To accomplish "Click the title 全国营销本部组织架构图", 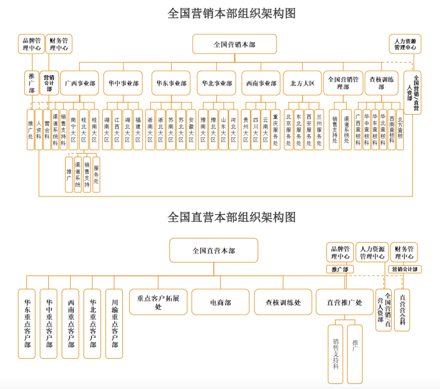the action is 231,13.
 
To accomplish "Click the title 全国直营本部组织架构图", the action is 231,217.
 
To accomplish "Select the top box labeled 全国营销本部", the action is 235,44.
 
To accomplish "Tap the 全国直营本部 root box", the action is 213,250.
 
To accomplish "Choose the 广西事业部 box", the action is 80,83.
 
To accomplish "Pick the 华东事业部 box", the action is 171,83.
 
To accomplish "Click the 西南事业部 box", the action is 261,83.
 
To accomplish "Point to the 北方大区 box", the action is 302,83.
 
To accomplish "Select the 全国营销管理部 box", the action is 343,83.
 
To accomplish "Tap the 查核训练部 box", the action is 381,83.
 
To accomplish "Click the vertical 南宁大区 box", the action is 73,130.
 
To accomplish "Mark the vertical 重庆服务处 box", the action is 275,130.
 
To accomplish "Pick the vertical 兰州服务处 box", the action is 319,130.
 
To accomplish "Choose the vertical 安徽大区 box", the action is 191,130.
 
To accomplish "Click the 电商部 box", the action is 220,302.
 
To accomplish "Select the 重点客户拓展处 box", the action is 158,302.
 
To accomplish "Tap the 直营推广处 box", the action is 345,302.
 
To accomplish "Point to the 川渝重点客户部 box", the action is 114,324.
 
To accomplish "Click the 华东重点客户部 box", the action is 26,324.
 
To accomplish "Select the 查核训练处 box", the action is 283,302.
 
